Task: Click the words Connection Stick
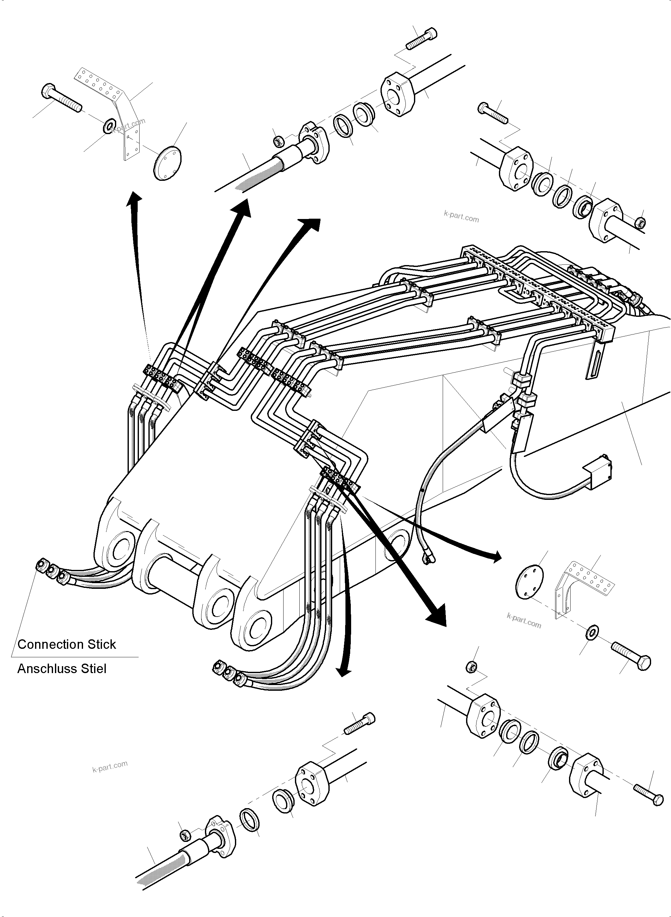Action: coord(67,644)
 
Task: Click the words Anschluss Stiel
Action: coord(62,669)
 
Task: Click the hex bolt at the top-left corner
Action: coord(61,98)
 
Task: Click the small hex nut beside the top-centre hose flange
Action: coord(278,141)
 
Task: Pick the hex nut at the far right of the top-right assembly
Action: coord(639,222)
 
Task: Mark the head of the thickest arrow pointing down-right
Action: coord(437,617)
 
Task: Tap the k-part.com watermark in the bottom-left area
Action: coord(110,766)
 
